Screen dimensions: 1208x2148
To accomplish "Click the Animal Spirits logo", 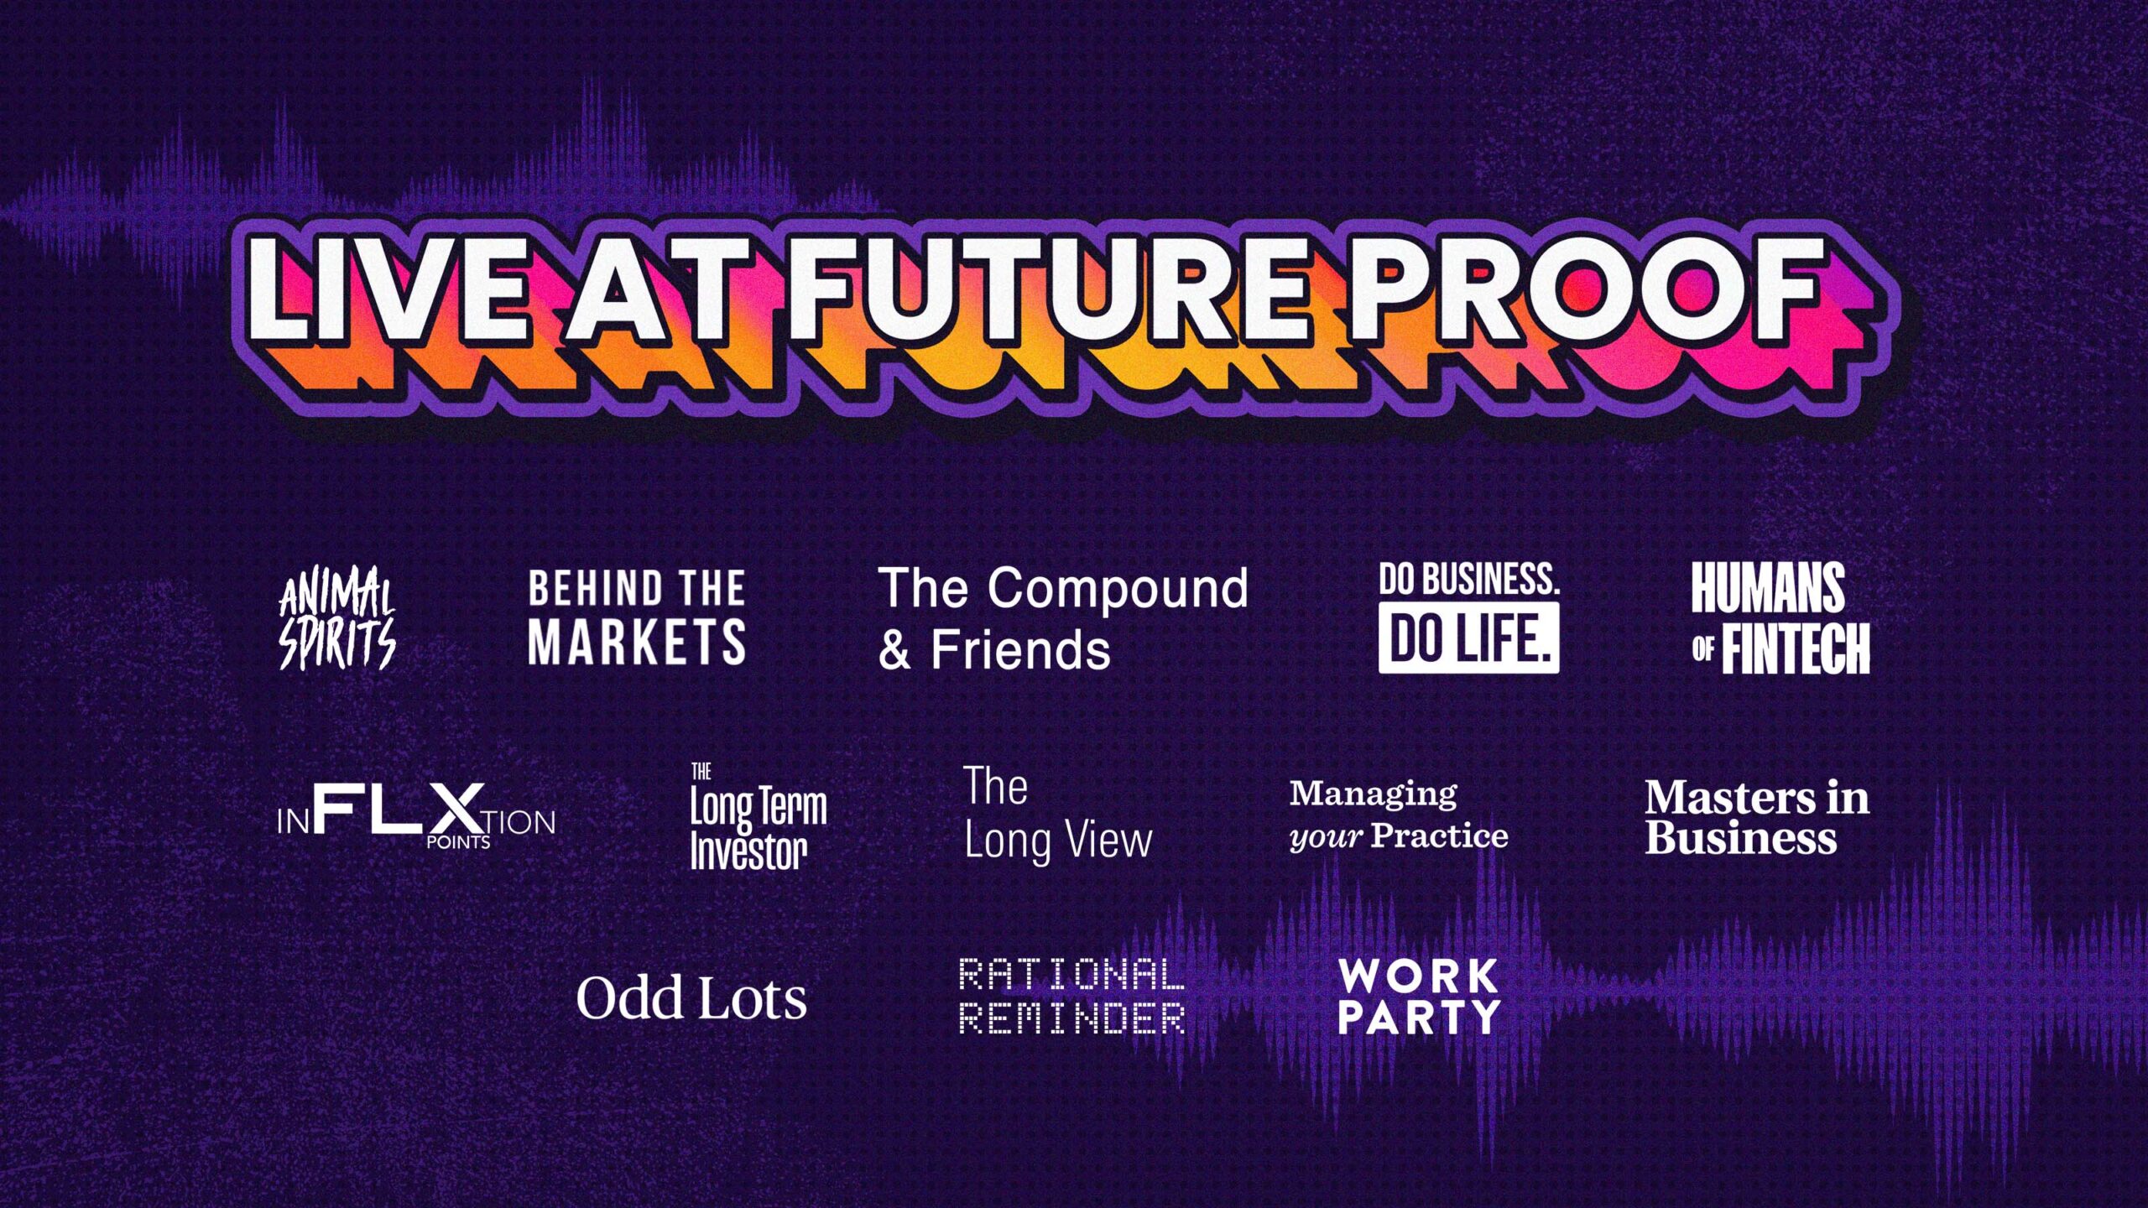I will pos(337,619).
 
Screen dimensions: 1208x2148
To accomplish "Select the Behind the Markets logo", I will pos(637,617).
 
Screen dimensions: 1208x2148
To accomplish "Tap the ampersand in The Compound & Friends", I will pos(894,651).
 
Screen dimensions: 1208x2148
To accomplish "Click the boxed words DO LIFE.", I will pos(1468,639).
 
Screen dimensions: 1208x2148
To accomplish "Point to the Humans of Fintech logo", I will pos(1780,619).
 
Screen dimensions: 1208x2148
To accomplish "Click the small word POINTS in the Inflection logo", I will pos(458,842).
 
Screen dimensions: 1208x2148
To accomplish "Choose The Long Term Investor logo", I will pos(758,817).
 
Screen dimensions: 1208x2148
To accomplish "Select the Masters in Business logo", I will pos(1756,817).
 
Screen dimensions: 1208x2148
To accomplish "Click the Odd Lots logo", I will pos(691,998).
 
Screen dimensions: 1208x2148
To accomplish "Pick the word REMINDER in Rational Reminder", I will pos(1071,1018).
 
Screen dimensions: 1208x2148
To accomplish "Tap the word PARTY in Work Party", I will pos(1419,1017).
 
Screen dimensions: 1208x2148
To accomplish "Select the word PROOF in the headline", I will pos(1586,289).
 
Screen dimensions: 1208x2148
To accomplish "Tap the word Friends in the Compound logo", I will pos(1020,651).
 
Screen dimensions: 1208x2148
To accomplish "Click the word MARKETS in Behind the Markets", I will pos(637,643).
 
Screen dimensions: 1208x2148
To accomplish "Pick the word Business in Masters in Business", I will pos(1740,838).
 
